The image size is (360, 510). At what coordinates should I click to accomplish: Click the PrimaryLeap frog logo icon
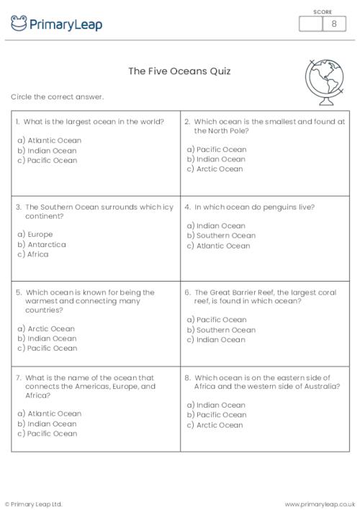tap(19, 24)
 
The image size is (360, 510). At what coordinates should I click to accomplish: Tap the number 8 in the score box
tap(334, 24)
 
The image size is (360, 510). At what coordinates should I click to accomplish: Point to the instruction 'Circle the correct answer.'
tap(58, 97)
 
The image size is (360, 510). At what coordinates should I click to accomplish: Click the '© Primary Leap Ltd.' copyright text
tap(34, 504)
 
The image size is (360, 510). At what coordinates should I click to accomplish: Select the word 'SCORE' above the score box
tap(323, 11)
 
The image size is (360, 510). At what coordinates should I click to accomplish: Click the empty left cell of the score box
tap(311, 24)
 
